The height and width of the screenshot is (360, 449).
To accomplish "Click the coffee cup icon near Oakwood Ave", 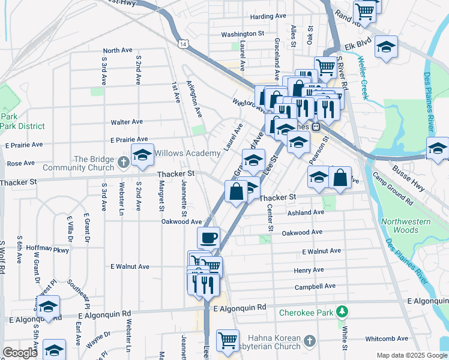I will pyautogui.click(x=208, y=238).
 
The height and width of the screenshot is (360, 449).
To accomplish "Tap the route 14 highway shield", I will pyautogui.click(x=183, y=44).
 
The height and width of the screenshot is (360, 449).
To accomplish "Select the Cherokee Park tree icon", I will pyautogui.click(x=342, y=311).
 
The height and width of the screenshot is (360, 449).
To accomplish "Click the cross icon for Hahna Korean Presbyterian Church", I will pyautogui.click(x=309, y=341).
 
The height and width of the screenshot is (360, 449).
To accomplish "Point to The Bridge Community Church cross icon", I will pyautogui.click(x=123, y=161).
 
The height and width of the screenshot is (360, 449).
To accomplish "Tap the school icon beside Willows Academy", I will pyautogui.click(x=142, y=155).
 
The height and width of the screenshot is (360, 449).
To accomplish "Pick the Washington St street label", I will pyautogui.click(x=243, y=34).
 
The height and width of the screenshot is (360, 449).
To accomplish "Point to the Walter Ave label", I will pyautogui.click(x=127, y=122).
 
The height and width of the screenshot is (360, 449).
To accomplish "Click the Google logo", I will pyautogui.click(x=20, y=353).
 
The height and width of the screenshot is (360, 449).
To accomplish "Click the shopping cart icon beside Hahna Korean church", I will pyautogui.click(x=228, y=340).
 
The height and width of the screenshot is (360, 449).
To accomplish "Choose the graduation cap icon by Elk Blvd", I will pyautogui.click(x=386, y=46).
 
